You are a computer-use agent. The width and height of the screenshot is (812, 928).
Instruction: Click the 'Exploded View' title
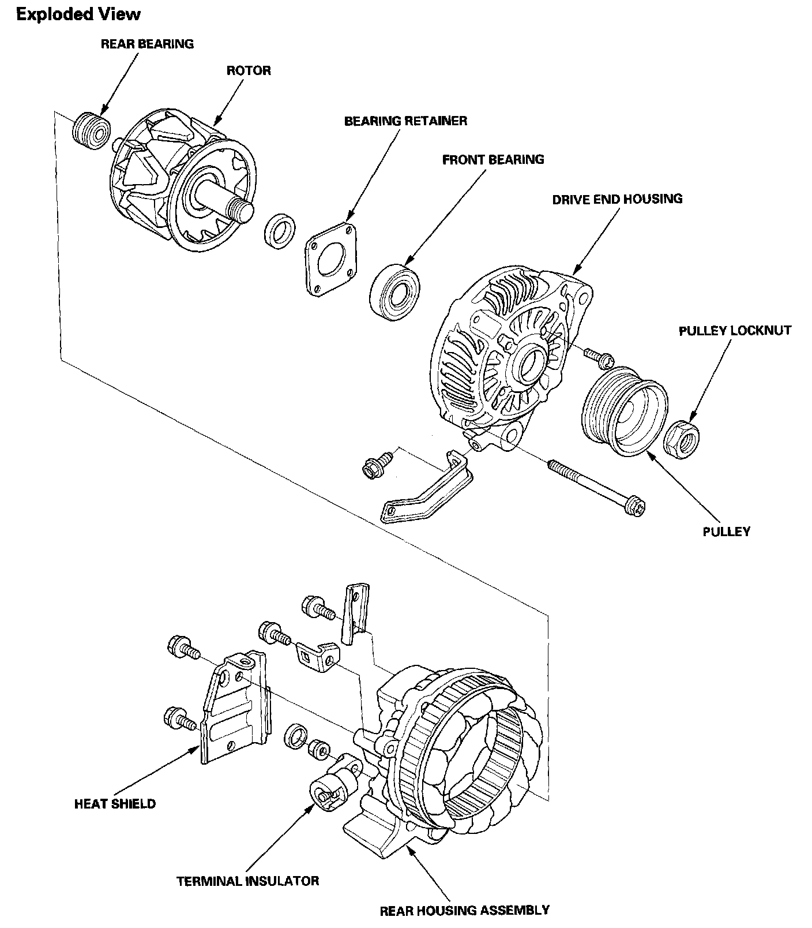point(78,14)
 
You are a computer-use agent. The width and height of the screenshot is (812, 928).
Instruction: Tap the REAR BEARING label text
point(147,44)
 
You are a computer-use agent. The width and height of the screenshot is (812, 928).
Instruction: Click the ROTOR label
point(249,70)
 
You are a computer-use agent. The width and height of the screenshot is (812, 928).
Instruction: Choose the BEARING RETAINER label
point(405,121)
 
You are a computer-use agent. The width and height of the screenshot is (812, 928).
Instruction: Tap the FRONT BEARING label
point(493,159)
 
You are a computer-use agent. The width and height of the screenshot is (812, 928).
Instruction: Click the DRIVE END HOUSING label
point(617,199)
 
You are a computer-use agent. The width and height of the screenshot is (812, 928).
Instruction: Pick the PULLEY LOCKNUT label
point(735,331)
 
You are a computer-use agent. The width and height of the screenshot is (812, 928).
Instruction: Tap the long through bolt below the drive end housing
point(596,484)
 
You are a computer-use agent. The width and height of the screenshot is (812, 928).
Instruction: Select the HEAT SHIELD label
point(115,803)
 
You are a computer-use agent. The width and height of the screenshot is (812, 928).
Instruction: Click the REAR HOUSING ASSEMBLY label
point(464,911)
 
